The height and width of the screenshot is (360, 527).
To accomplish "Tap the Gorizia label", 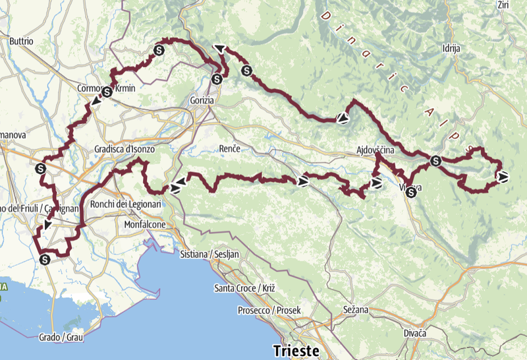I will click(x=200, y=100).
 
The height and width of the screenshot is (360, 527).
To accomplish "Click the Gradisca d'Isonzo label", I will click(x=125, y=150).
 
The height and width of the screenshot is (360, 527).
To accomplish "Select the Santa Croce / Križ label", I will click(x=244, y=288).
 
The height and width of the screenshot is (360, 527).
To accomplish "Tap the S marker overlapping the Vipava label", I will click(x=412, y=193).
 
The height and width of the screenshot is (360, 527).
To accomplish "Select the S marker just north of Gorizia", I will click(x=217, y=80).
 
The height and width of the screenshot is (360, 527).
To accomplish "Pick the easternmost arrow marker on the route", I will click(x=503, y=176).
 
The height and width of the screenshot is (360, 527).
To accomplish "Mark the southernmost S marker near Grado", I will click(x=45, y=259).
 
